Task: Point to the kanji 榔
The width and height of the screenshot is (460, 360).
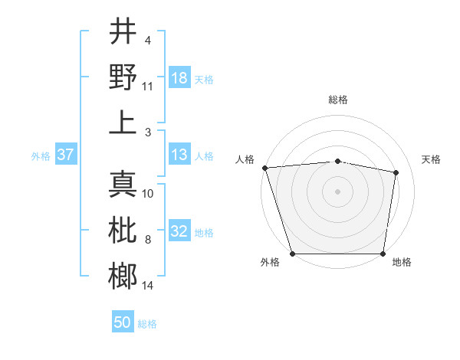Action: click(123, 276)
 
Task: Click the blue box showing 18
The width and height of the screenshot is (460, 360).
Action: click(179, 78)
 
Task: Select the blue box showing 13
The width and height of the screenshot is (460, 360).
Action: click(179, 155)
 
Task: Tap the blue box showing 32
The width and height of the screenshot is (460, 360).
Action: click(179, 232)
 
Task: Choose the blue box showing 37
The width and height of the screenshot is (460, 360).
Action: click(65, 155)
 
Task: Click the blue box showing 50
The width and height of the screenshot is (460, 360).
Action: click(123, 322)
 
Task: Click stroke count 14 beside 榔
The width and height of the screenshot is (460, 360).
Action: click(148, 286)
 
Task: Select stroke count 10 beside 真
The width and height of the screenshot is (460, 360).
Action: click(148, 194)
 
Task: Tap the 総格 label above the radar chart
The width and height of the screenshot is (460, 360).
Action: click(337, 100)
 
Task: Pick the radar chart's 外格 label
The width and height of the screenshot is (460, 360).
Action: click(270, 262)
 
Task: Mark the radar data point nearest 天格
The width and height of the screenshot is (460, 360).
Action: click(396, 173)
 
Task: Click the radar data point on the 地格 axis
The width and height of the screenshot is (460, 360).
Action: click(383, 254)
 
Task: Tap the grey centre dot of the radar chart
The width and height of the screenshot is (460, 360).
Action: click(337, 191)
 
